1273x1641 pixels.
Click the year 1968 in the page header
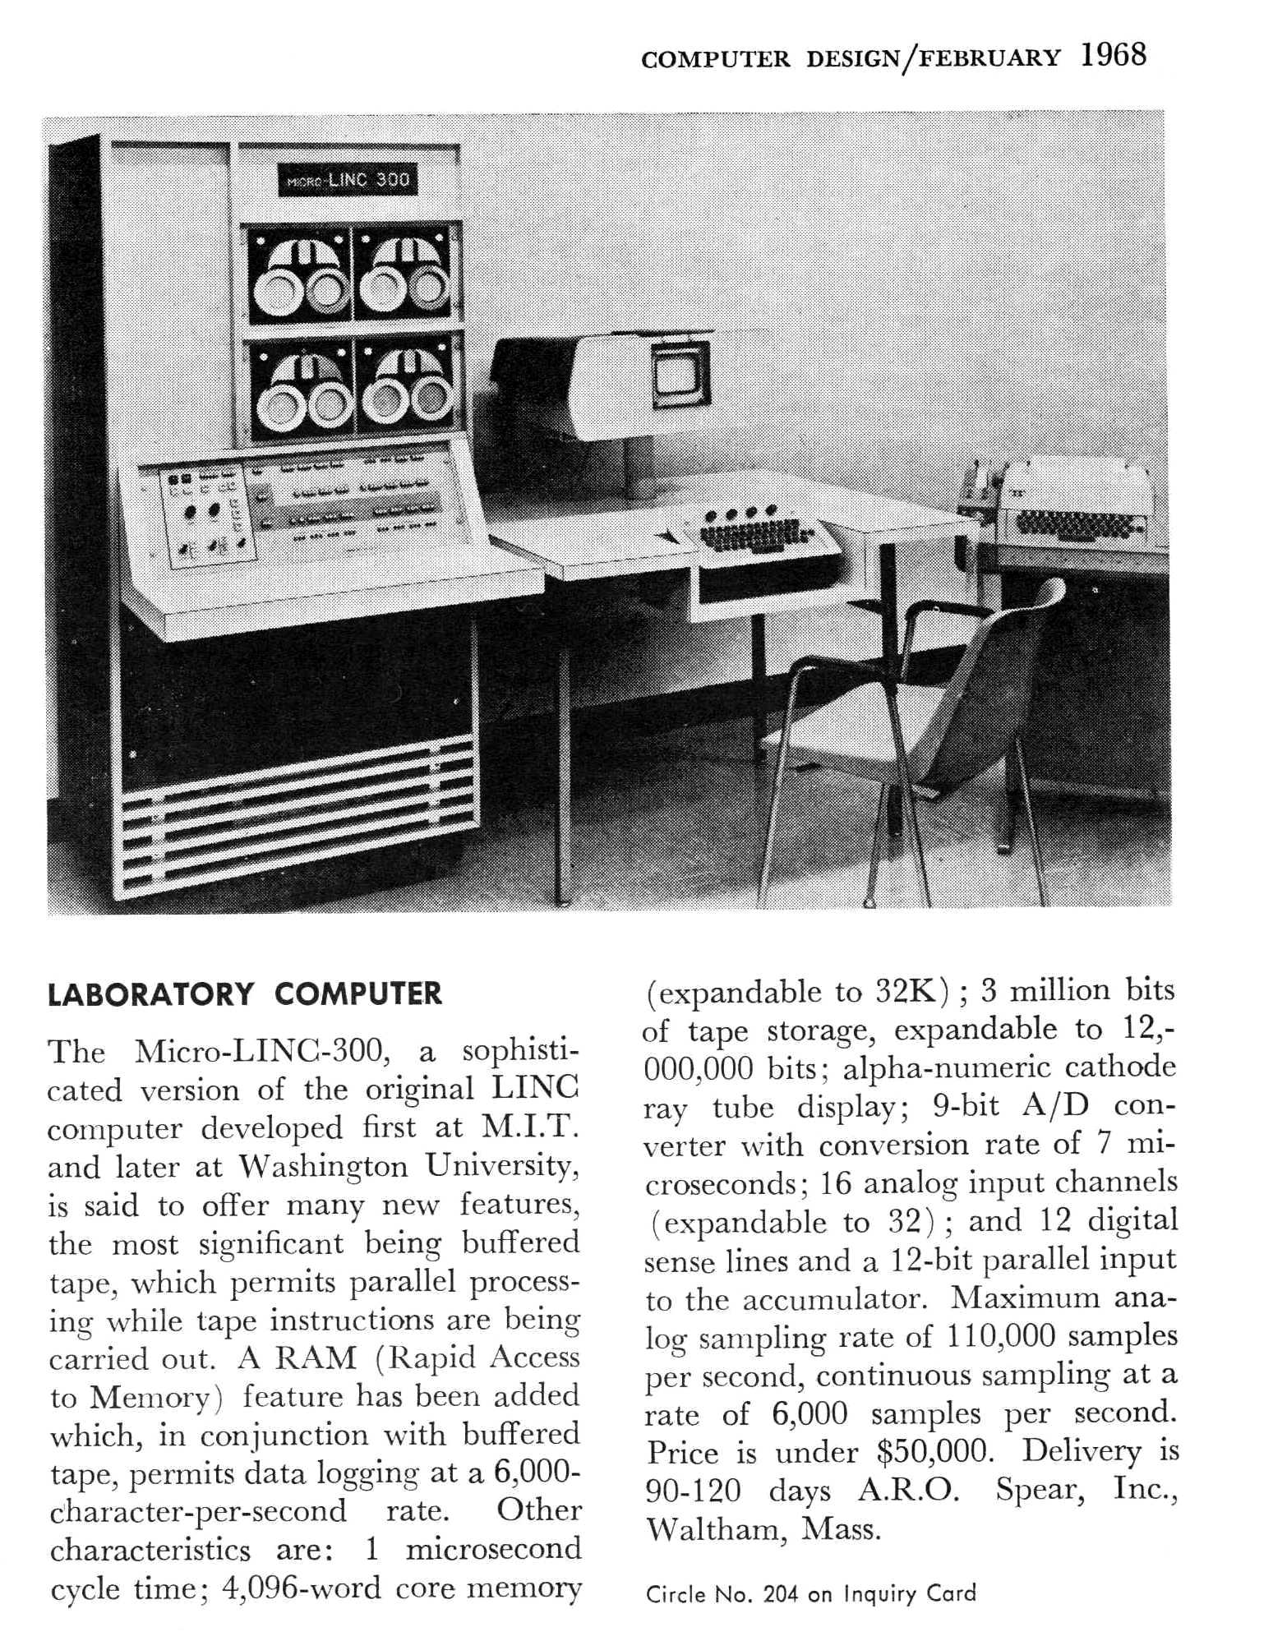(1113, 55)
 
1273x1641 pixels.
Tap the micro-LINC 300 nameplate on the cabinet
(348, 180)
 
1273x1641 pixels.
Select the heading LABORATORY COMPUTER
(245, 993)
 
